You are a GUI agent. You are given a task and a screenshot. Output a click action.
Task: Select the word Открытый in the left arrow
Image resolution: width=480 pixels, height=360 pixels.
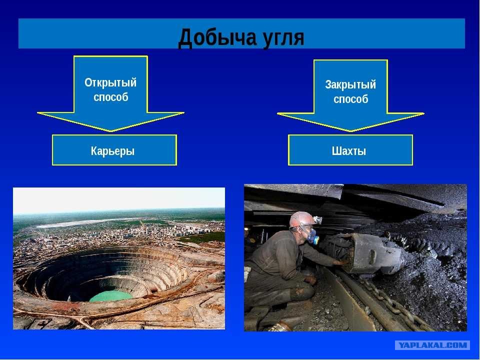[110, 82]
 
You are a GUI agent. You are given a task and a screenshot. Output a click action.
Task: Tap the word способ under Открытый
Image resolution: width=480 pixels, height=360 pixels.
[111, 97]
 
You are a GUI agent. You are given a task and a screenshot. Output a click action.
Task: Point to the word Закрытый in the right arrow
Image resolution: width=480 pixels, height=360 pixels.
[350, 84]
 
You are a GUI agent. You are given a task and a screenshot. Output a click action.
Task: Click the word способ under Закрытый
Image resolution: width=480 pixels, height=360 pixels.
[351, 99]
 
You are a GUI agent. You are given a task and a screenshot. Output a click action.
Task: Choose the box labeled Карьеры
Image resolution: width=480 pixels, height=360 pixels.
[114, 150]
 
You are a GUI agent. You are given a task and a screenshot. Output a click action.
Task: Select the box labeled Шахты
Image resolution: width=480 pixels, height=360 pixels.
[350, 150]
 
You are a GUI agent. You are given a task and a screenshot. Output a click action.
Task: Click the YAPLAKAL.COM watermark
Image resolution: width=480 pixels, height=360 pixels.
[432, 345]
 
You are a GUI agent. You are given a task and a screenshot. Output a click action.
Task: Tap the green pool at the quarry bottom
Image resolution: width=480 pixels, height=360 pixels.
[111, 296]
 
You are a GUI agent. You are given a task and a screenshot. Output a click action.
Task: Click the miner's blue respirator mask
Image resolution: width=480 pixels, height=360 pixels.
[312, 235]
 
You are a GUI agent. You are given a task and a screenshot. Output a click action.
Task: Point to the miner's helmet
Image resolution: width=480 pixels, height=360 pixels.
[302, 219]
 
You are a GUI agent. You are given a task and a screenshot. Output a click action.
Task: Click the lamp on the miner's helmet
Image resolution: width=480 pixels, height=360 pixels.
[318, 219]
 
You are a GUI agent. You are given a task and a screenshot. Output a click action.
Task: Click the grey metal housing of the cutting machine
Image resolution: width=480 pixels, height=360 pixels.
[375, 252]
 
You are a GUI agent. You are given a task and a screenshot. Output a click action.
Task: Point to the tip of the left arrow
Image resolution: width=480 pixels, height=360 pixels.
[111, 131]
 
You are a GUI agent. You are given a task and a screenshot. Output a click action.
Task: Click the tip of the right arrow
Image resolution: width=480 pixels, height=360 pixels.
[351, 131]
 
